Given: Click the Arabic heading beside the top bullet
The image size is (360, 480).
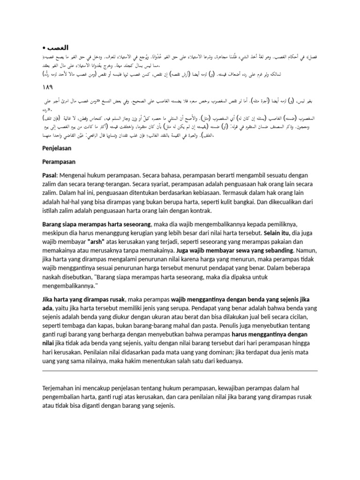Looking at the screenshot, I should [x=59, y=48].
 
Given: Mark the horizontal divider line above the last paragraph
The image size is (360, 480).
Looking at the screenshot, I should [x=180, y=371].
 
